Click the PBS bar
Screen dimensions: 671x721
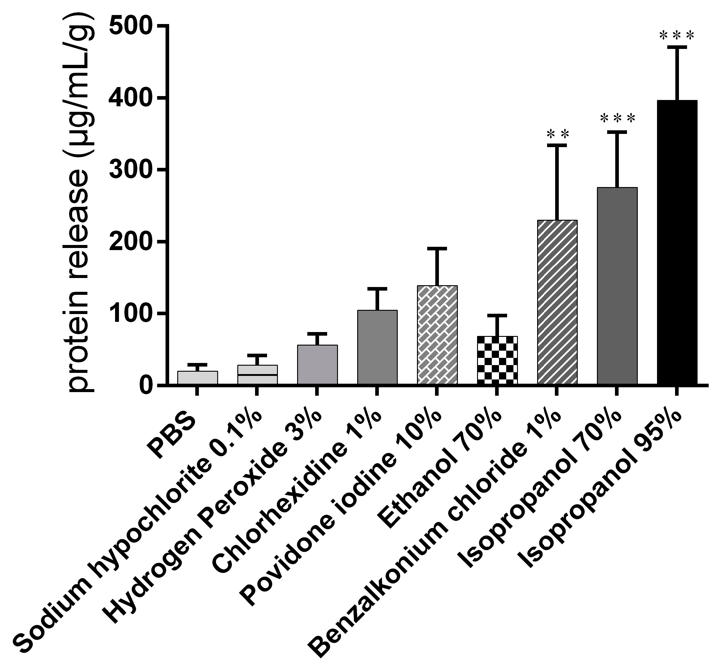(197, 377)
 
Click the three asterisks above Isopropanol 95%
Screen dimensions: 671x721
(677, 36)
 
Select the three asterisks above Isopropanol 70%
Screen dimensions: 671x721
(617, 119)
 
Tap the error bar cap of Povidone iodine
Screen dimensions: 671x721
(437, 249)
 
